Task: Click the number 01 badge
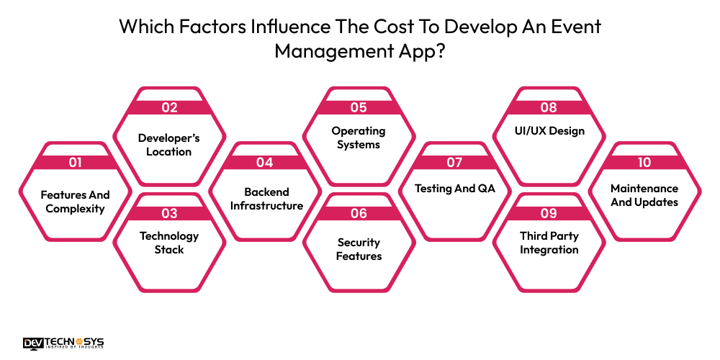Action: [75, 162]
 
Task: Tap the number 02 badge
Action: [169, 108]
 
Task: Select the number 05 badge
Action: [359, 108]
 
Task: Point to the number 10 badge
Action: [644, 162]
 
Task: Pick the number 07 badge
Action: [454, 162]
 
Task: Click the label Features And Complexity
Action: [75, 202]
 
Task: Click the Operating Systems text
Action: [359, 138]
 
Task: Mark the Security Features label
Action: [359, 249]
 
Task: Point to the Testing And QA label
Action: [454, 189]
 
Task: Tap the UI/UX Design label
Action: [549, 131]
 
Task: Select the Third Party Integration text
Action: [549, 243]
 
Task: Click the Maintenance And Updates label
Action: [644, 195]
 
